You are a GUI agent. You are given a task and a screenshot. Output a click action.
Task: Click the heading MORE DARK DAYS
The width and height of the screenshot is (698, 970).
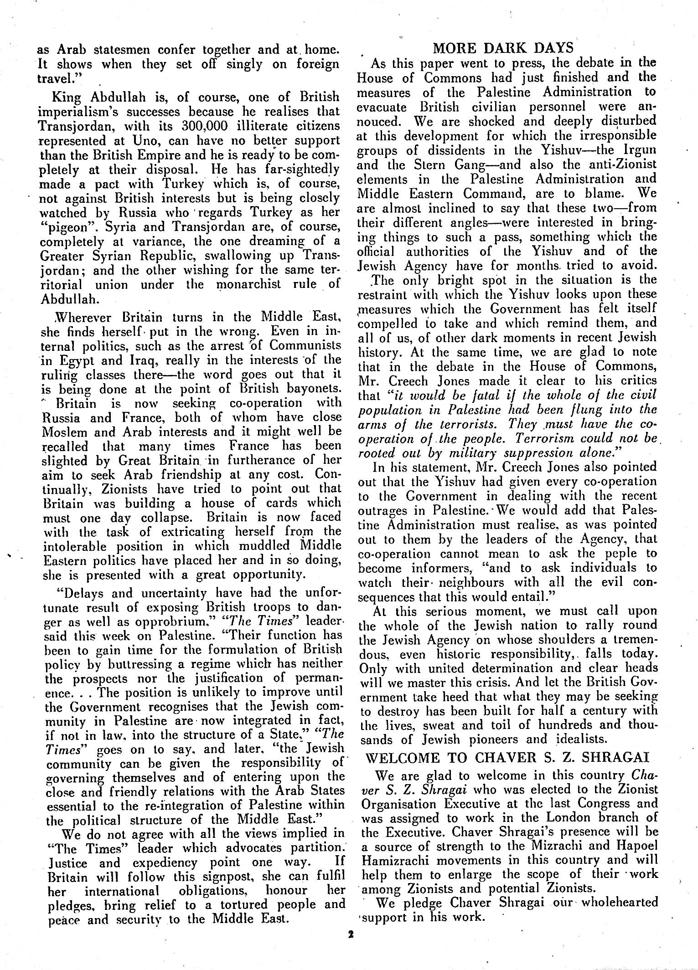(503, 48)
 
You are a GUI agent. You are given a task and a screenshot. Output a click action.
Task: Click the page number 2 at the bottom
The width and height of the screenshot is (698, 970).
(351, 934)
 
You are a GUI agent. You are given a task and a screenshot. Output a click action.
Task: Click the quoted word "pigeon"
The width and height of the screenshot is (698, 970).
(62, 226)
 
